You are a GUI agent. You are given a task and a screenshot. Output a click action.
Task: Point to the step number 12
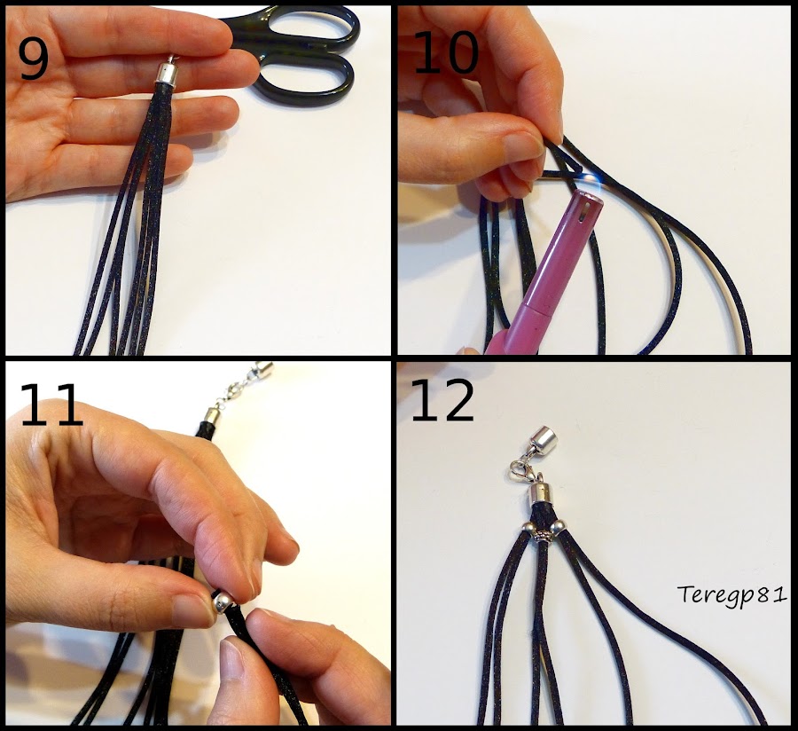442,403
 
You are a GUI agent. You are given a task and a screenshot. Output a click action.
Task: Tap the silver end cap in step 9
168,72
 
